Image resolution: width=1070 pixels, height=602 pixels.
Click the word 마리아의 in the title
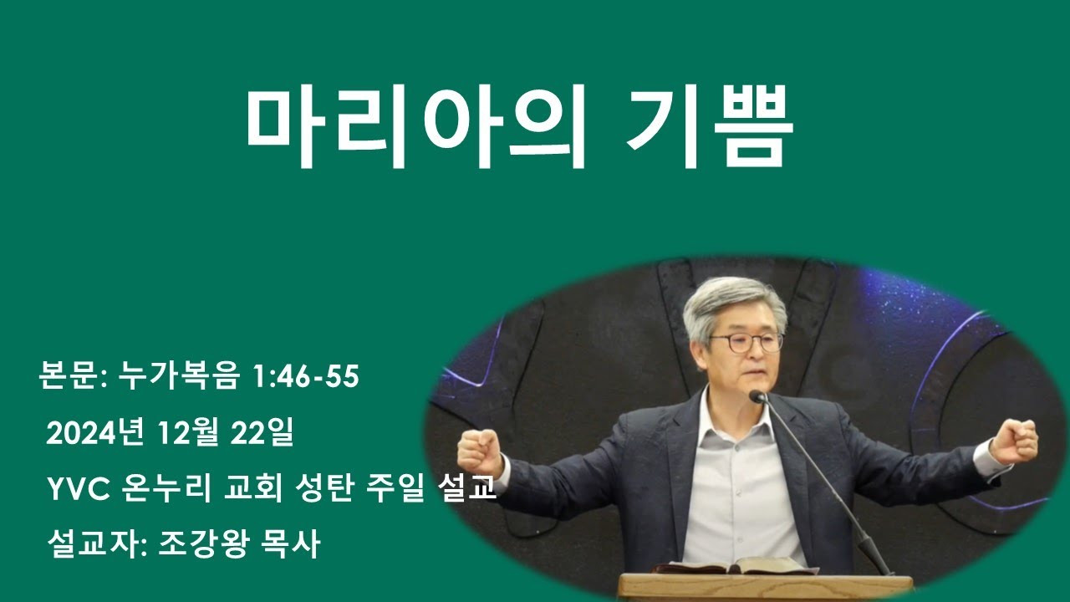(415, 126)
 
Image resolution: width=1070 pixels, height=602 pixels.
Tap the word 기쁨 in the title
(708, 126)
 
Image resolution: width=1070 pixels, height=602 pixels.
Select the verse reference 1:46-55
(305, 375)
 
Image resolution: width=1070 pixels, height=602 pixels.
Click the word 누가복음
(179, 375)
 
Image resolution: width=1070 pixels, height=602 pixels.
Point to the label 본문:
(73, 375)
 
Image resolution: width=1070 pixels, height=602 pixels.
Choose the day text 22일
(262, 433)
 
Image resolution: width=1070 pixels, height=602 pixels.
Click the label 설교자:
(97, 544)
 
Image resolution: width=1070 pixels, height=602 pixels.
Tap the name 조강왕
(203, 544)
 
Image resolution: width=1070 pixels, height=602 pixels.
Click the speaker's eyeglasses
(746, 342)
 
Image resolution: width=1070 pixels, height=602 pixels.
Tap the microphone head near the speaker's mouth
(757, 396)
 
